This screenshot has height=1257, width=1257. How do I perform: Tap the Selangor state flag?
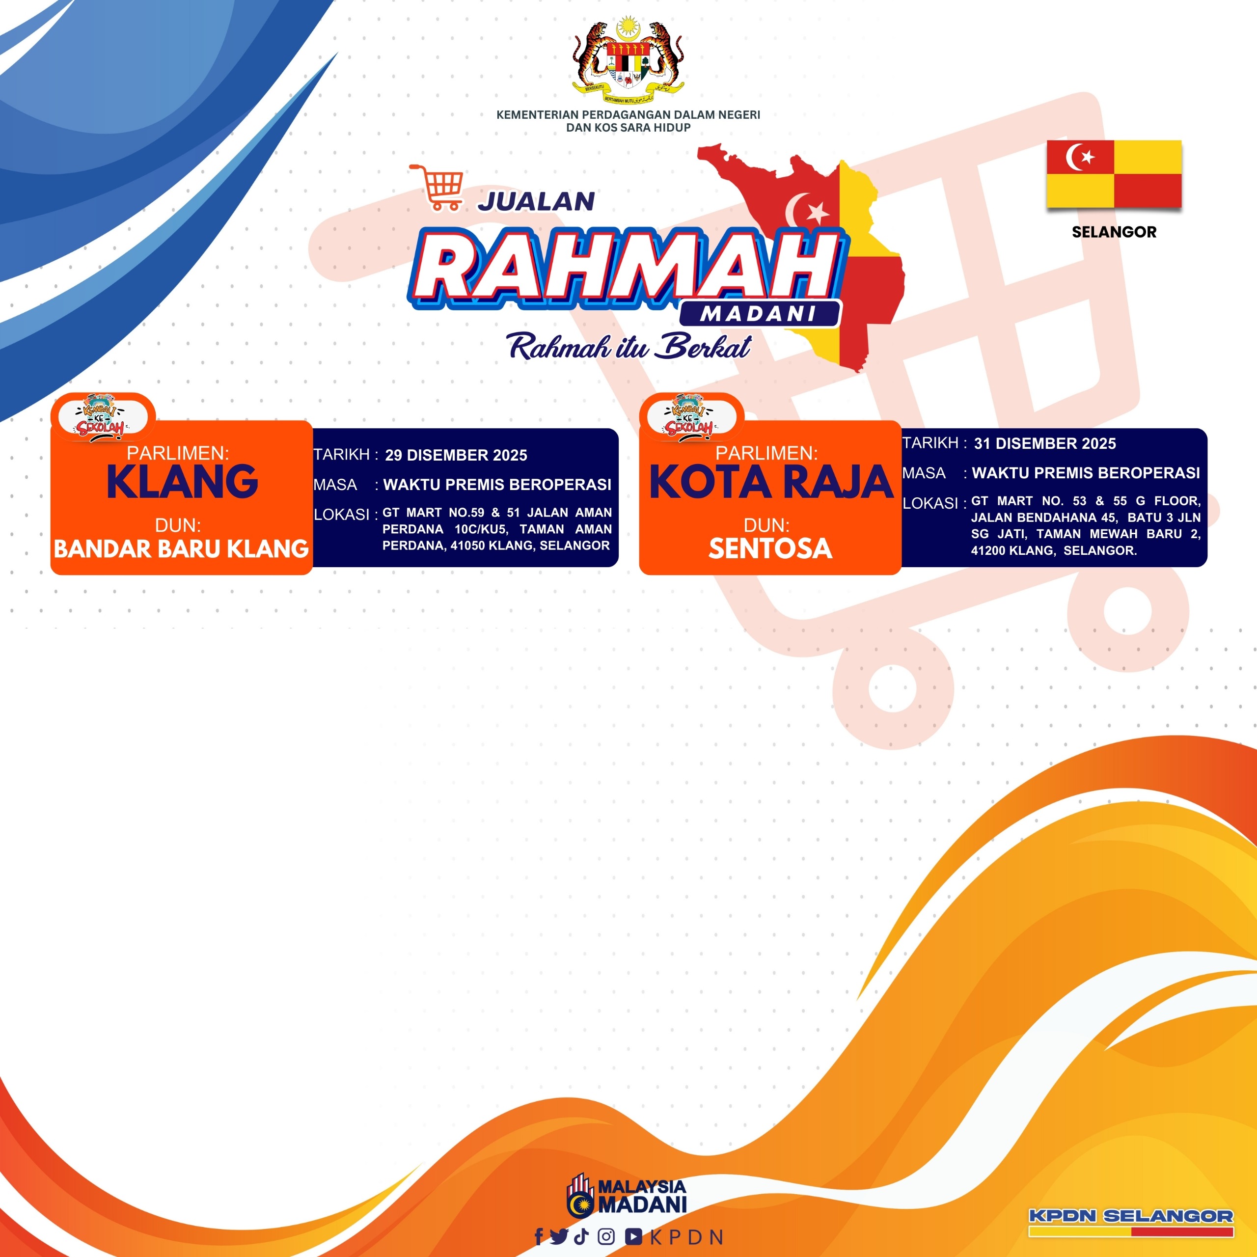(x=1114, y=174)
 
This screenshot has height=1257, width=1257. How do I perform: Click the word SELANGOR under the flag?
(x=1114, y=232)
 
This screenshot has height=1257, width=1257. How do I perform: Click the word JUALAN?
(x=536, y=202)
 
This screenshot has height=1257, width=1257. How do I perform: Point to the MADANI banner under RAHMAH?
(x=759, y=314)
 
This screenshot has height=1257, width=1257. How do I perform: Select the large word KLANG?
(x=182, y=482)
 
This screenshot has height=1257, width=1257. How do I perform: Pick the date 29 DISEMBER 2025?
(x=456, y=456)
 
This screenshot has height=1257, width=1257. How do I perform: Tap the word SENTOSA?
(x=770, y=548)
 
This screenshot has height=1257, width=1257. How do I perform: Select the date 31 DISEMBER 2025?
(x=1045, y=444)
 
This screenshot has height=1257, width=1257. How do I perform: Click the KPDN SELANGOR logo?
(x=1131, y=1222)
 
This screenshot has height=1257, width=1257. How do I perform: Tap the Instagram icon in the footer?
(x=606, y=1237)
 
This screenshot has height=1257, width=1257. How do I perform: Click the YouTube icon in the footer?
(x=634, y=1237)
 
